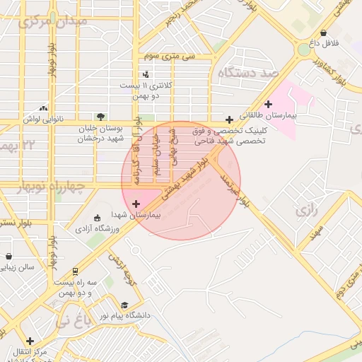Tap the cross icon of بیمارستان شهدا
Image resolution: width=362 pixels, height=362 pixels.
pyautogui.click(x=136, y=204)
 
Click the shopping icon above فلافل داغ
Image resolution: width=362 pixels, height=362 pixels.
pyautogui.click(x=323, y=33)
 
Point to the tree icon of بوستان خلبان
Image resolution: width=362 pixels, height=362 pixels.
pyautogui.click(x=100, y=117)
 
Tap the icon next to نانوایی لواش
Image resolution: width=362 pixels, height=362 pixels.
pyautogui.click(x=44, y=108)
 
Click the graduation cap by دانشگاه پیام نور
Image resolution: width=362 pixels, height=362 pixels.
pyautogui.click(x=125, y=305)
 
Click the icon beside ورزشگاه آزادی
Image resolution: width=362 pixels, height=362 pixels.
pyautogui.click(x=98, y=218)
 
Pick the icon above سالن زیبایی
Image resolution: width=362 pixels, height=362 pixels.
pyautogui.click(x=8, y=257)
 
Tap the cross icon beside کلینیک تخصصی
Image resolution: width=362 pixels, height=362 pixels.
pyautogui.click(x=228, y=119)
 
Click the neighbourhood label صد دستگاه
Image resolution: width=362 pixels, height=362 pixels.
pyautogui.click(x=250, y=73)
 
